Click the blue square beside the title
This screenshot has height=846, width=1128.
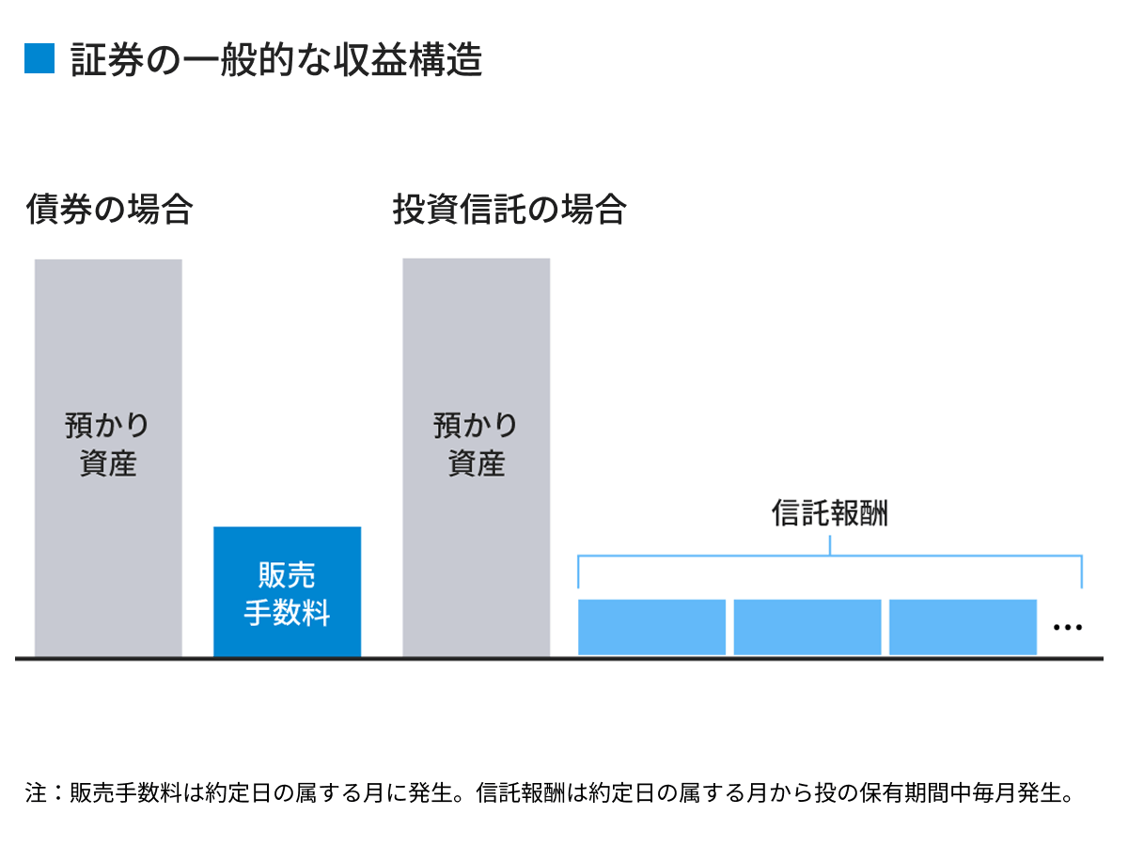point(39,59)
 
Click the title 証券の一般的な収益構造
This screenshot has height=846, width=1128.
point(276,59)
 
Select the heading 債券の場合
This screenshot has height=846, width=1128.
point(109,209)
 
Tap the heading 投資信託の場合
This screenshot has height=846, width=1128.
point(509,209)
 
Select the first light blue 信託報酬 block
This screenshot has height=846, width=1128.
point(651,627)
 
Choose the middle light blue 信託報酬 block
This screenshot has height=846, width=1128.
point(807,627)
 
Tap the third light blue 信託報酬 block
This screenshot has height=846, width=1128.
point(963,627)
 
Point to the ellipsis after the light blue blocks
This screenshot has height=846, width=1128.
point(1068,627)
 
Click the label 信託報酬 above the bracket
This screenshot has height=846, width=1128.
point(830,513)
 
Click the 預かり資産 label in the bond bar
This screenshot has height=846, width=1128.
point(108,445)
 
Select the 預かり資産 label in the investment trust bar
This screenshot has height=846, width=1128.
point(477,445)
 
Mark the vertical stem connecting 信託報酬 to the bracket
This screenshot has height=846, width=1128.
point(831,545)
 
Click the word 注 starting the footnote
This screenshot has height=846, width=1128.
point(36,792)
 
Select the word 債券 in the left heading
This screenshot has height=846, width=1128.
point(59,209)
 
